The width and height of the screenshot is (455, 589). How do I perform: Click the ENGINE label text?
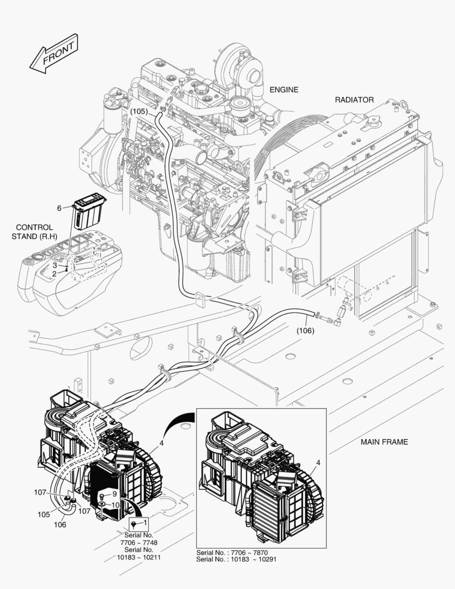click(284, 89)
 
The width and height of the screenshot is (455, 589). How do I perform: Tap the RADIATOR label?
click(354, 100)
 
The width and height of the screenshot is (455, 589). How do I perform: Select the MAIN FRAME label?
click(384, 442)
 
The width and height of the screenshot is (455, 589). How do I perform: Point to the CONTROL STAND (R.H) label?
click(34, 232)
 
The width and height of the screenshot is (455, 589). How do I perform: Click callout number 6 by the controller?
click(59, 208)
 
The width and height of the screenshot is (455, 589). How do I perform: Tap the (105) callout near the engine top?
click(139, 111)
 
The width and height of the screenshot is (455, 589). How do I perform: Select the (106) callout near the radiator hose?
click(306, 330)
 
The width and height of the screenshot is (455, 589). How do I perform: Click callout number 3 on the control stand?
click(54, 265)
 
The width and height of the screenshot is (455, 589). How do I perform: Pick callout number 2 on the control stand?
click(54, 274)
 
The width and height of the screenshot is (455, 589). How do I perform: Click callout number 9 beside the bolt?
click(114, 494)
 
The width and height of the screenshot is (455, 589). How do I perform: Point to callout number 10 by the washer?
click(115, 506)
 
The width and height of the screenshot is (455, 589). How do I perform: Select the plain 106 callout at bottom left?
click(60, 525)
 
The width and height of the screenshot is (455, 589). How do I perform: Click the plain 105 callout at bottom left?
click(44, 514)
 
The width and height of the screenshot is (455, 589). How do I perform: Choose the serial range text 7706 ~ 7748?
click(138, 543)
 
